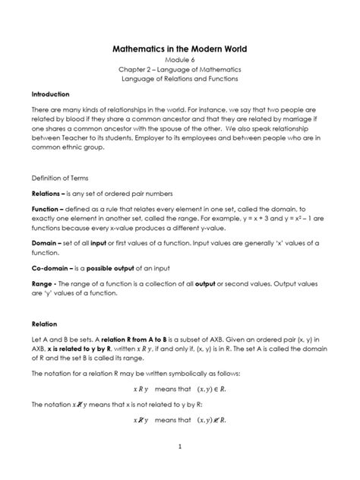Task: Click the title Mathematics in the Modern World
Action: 180,49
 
